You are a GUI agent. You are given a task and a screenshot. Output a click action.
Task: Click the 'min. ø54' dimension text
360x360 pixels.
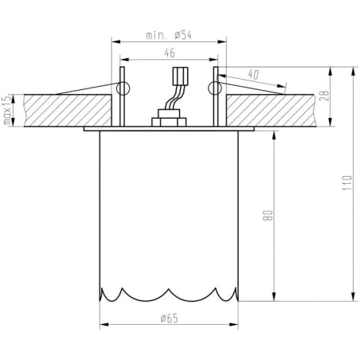coord(169,35)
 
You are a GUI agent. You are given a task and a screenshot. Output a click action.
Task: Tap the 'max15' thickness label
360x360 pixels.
coord(6,111)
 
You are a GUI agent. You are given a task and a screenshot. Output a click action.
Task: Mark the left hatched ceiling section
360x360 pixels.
coord(64,110)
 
